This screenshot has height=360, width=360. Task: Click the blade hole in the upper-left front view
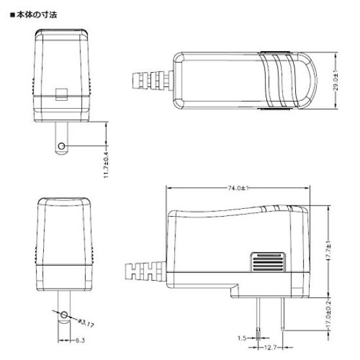tap(62, 145)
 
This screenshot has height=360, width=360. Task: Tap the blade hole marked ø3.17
tap(63, 315)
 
